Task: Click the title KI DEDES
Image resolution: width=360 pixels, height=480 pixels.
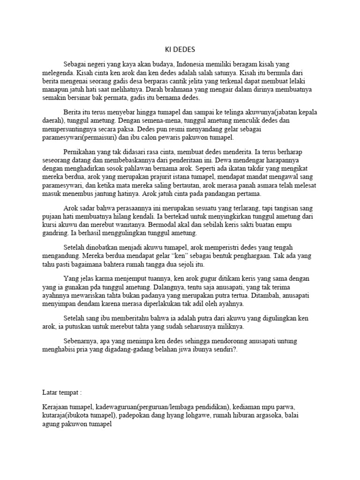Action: coord(180,49)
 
